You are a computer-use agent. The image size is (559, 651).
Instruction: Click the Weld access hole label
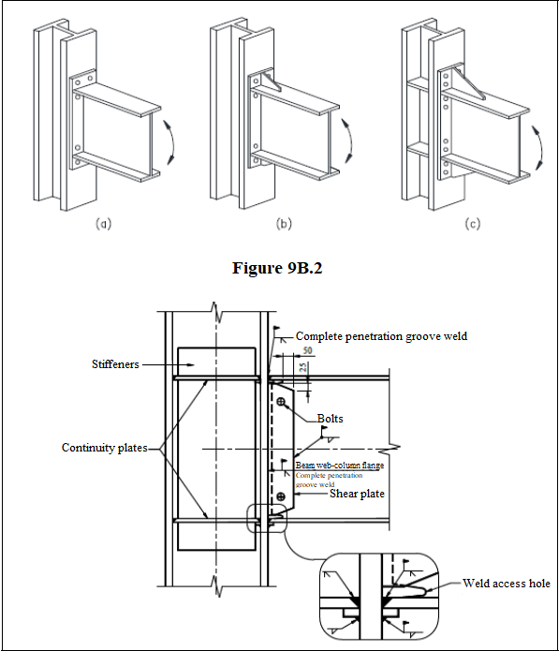pyautogui.click(x=507, y=584)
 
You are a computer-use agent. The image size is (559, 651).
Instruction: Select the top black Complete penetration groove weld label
pyautogui.click(x=381, y=335)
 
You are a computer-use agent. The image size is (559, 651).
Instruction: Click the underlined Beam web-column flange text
pyautogui.click(x=340, y=465)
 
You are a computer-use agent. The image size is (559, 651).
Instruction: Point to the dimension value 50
pyautogui.click(x=306, y=350)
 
